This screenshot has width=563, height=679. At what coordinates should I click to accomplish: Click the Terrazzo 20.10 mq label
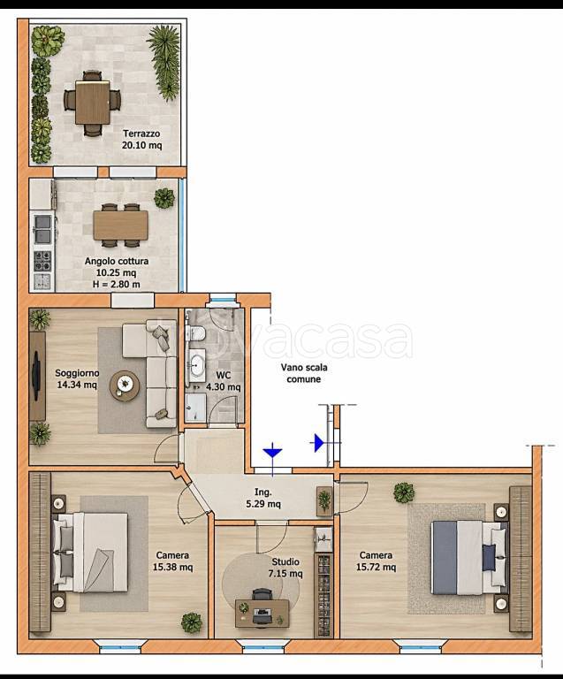pyautogui.click(x=141, y=140)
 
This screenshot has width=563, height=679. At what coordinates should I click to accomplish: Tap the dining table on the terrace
pyautogui.click(x=92, y=103)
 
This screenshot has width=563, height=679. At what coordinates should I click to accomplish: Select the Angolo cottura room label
pyautogui.click(x=117, y=261)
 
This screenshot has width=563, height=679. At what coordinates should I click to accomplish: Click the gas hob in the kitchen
pyautogui.click(x=42, y=261)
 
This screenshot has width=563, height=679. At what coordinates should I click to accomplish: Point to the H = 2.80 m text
pyautogui.click(x=117, y=285)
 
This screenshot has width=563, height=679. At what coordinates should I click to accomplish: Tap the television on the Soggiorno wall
pyautogui.click(x=37, y=375)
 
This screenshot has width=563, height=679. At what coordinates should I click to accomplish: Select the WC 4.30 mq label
pyautogui.click(x=224, y=381)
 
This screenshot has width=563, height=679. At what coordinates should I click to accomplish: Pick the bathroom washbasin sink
pyautogui.click(x=198, y=365)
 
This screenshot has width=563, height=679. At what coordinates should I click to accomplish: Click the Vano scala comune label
pyautogui.click(x=304, y=373)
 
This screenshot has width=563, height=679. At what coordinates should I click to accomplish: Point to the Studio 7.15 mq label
pyautogui.click(x=285, y=568)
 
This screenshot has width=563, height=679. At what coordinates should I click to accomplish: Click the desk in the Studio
pyautogui.click(x=262, y=614)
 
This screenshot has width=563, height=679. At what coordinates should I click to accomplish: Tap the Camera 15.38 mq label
pyautogui.click(x=172, y=561)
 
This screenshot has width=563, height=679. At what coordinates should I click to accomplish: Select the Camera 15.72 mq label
pyautogui.click(x=376, y=561)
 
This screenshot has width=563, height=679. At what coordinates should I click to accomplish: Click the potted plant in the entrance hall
pyautogui.click(x=324, y=500)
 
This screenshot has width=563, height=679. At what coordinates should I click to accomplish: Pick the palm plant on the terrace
pyautogui.click(x=165, y=61)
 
